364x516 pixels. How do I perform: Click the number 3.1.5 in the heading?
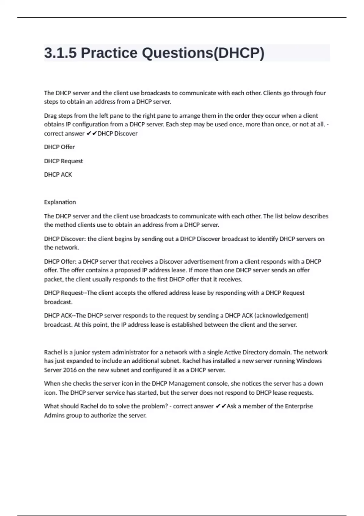pyautogui.click(x=60, y=53)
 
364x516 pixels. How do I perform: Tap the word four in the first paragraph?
pyautogui.click(x=320, y=93)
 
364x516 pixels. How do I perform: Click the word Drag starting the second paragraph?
pyautogui.click(x=50, y=116)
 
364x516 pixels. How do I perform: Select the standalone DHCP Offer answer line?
pyautogui.click(x=59, y=147)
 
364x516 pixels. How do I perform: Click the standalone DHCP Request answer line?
pyautogui.click(x=63, y=161)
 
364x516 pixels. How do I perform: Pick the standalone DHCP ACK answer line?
pyautogui.click(x=58, y=175)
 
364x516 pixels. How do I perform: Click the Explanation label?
pyautogui.click(x=60, y=202)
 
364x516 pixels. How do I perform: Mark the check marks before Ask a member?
pyautogui.click(x=221, y=406)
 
